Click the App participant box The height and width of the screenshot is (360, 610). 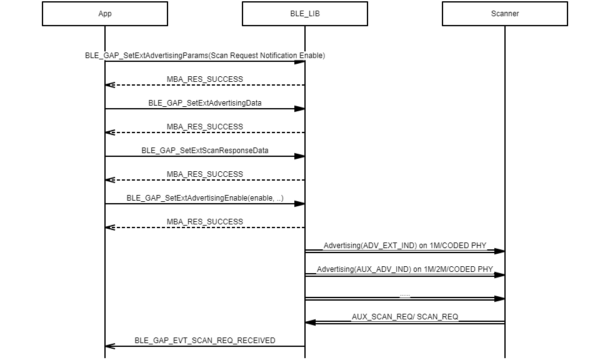tap(105, 14)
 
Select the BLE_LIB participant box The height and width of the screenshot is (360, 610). tap(305, 14)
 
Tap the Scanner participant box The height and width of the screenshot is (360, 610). tap(505, 14)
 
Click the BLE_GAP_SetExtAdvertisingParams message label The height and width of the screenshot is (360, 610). tap(205, 56)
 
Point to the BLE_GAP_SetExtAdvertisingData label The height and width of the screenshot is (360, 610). tap(205, 103)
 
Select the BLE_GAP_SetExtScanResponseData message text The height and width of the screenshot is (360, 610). tap(205, 151)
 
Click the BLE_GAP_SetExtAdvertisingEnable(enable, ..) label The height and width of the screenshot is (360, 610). tap(205, 198)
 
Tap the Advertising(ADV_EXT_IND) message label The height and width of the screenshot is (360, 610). tap(405, 246)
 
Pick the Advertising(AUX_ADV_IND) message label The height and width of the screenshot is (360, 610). tap(405, 269)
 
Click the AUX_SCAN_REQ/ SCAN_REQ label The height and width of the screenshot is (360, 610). tap(405, 317)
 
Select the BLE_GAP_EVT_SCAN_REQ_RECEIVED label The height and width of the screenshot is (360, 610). tap(205, 341)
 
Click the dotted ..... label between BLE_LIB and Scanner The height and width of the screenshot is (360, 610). tap(405, 294)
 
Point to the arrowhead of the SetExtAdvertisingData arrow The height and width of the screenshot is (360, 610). tap(300, 109)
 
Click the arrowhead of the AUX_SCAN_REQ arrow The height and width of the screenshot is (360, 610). tap(310, 322)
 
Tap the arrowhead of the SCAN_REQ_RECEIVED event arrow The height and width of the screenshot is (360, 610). tap(110, 346)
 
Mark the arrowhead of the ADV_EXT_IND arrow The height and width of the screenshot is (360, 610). tap(500, 251)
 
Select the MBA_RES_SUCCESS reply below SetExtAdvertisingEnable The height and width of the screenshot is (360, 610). tap(205, 222)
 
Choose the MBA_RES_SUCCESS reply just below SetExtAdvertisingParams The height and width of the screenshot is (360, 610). tap(205, 79)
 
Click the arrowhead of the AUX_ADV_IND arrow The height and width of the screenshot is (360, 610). tap(500, 275)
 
